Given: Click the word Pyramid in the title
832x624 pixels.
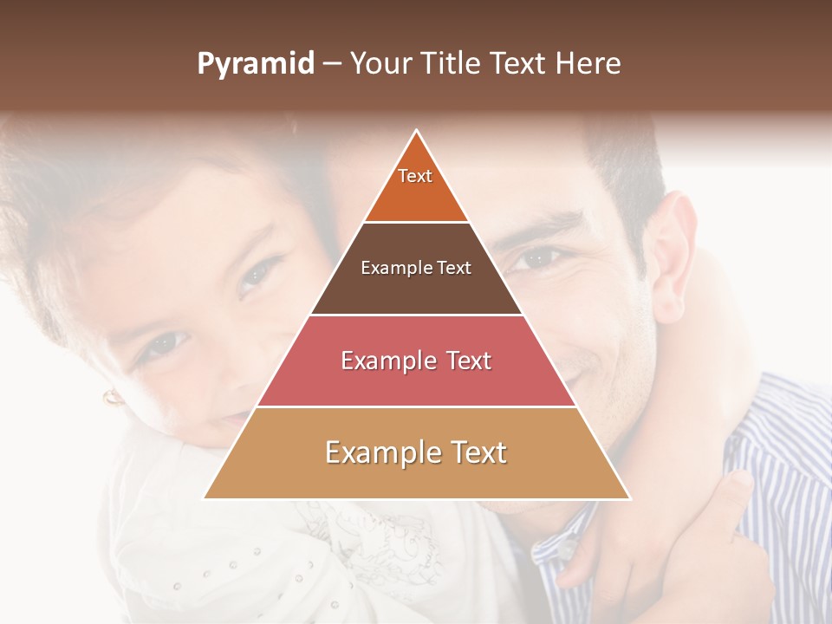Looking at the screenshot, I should coord(256,64).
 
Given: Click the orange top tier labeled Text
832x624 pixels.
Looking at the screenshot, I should coord(416,186).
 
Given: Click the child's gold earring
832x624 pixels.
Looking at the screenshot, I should coord(112,397).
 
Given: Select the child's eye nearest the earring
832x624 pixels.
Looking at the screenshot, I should coord(162,344).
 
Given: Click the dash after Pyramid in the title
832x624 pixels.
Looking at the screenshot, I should coord(332,64).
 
